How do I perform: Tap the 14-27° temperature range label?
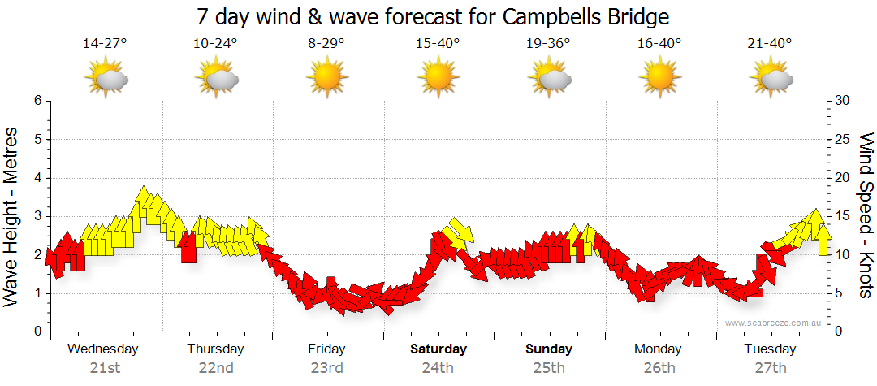pyautogui.click(x=105, y=44)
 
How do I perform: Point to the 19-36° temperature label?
pyautogui.click(x=548, y=44)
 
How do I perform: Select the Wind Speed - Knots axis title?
pyautogui.click(x=865, y=216)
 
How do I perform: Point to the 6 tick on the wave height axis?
pyautogui.click(x=37, y=101)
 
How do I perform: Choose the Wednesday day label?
pyautogui.click(x=103, y=349)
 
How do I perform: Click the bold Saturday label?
pyautogui.click(x=438, y=349)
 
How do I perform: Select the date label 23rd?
pyautogui.click(x=326, y=367)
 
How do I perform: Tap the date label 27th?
pyautogui.click(x=770, y=367)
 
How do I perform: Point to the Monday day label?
pyautogui.click(x=659, y=349)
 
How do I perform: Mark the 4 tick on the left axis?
pyautogui.click(x=37, y=178)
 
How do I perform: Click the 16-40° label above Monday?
pyautogui.click(x=659, y=44)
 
